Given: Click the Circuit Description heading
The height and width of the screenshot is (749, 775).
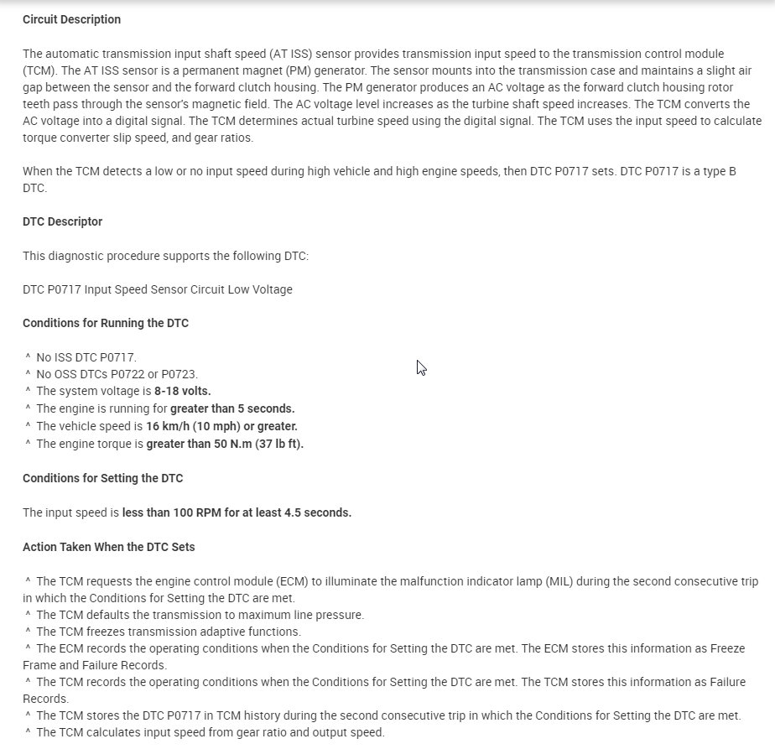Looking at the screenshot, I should click(x=71, y=19).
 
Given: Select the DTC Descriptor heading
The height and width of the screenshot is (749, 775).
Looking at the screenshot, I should click(x=62, y=221).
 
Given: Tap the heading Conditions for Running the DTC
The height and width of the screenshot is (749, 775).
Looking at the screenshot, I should click(x=105, y=323).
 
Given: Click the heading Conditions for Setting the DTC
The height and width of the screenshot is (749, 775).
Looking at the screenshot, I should click(x=102, y=478).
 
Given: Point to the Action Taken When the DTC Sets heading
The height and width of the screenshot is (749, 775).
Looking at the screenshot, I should click(x=108, y=547).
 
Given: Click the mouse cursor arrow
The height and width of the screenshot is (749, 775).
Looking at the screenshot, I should click(x=421, y=367).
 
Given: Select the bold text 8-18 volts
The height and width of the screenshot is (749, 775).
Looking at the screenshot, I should click(x=182, y=392).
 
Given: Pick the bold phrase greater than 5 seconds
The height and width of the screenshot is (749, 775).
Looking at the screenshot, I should click(x=232, y=409).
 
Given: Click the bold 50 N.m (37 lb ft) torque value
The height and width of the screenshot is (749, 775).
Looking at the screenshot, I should click(x=250, y=444).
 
